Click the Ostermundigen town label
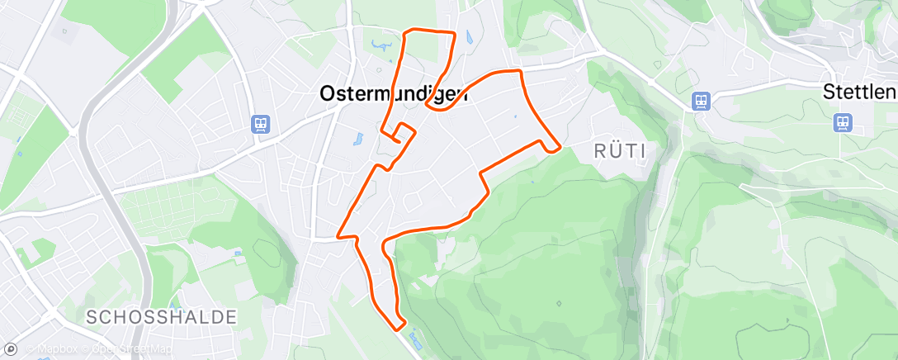coord(393,94)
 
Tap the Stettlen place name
coord(860,92)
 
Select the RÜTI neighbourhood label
coord(618,150)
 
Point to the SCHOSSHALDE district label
coord(162,316)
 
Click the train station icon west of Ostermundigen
coord(261,124)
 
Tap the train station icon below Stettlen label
coord(842,122)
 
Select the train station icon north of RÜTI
coord(701,101)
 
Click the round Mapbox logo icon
coord(11,349)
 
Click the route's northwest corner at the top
coord(404,31)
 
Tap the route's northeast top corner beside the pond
coord(454,34)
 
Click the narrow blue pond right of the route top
coord(468,36)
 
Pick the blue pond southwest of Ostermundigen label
coord(358,139)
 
